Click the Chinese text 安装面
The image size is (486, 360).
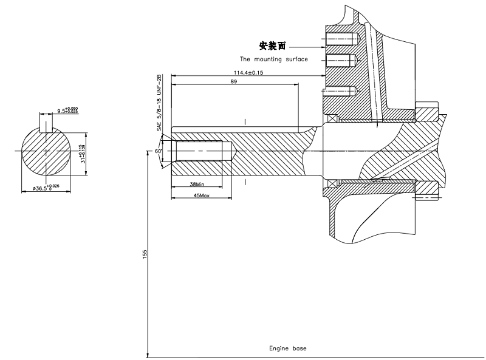pos(272,46)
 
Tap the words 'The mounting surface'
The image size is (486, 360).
pos(274,59)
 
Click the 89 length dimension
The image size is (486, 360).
pos(234,81)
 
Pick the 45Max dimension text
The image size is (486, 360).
pos(201,196)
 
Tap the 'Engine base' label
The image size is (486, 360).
pos(288,348)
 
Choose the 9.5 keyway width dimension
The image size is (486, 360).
pos(67,110)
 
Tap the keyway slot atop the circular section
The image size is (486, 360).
pos(47,124)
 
